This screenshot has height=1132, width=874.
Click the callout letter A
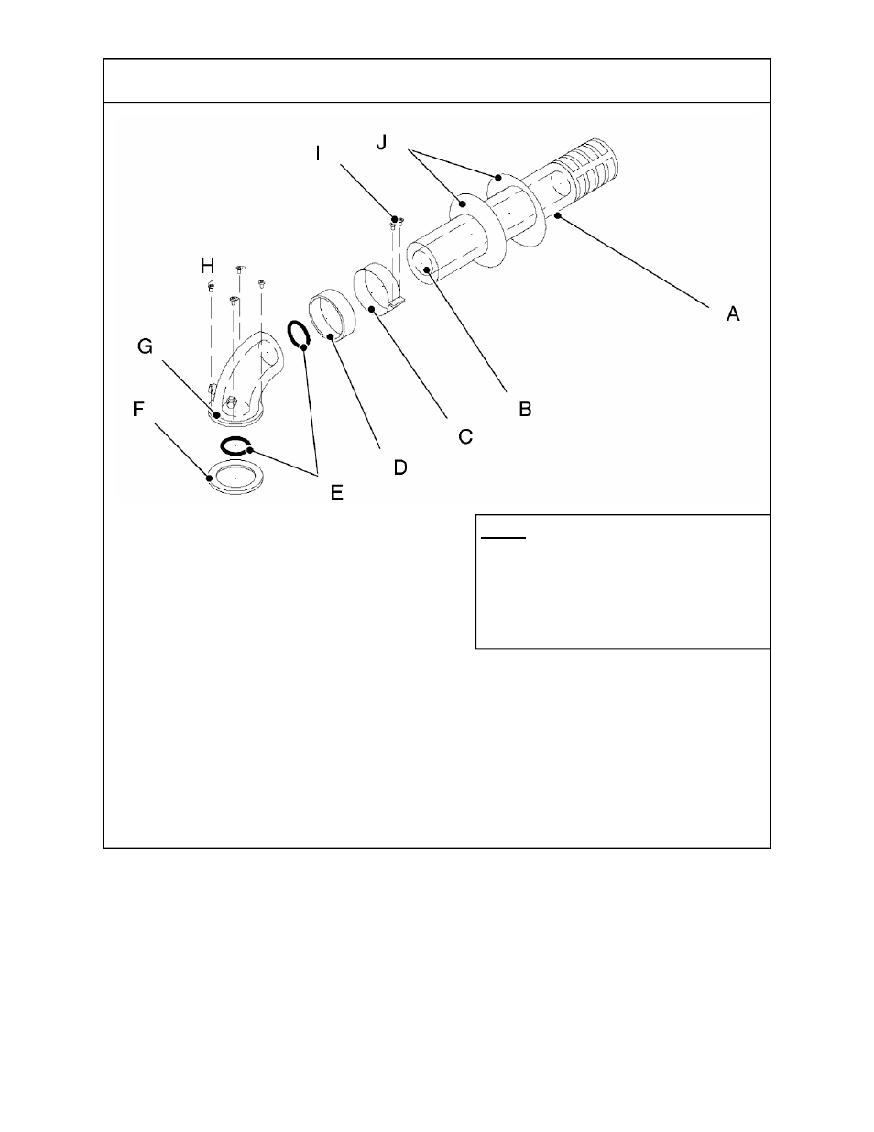[733, 313]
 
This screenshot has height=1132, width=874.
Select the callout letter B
[525, 409]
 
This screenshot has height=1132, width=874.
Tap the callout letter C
[465, 437]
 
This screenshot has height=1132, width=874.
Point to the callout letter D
[400, 467]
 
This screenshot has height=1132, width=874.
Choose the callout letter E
[336, 492]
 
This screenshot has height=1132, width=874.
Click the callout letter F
[139, 409]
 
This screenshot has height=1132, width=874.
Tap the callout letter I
[318, 153]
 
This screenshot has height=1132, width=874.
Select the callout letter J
[382, 143]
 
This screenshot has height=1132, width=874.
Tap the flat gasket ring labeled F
[235, 478]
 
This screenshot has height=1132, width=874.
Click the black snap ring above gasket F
[236, 446]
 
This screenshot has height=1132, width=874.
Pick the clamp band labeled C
[378, 290]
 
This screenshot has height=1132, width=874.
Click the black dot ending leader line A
[557, 216]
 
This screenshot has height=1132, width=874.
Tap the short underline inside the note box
[503, 538]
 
